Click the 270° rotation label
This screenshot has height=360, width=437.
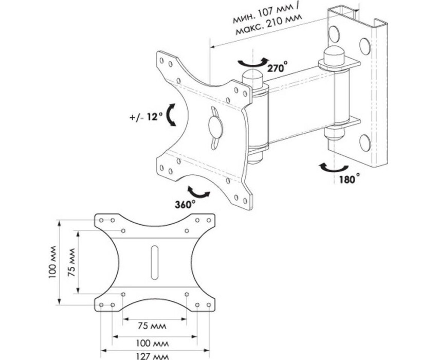tap(278, 67)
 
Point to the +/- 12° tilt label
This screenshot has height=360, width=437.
tap(146, 117)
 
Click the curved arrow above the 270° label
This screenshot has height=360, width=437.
tap(252, 63)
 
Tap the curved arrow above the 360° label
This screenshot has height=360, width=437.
tap(198, 192)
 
